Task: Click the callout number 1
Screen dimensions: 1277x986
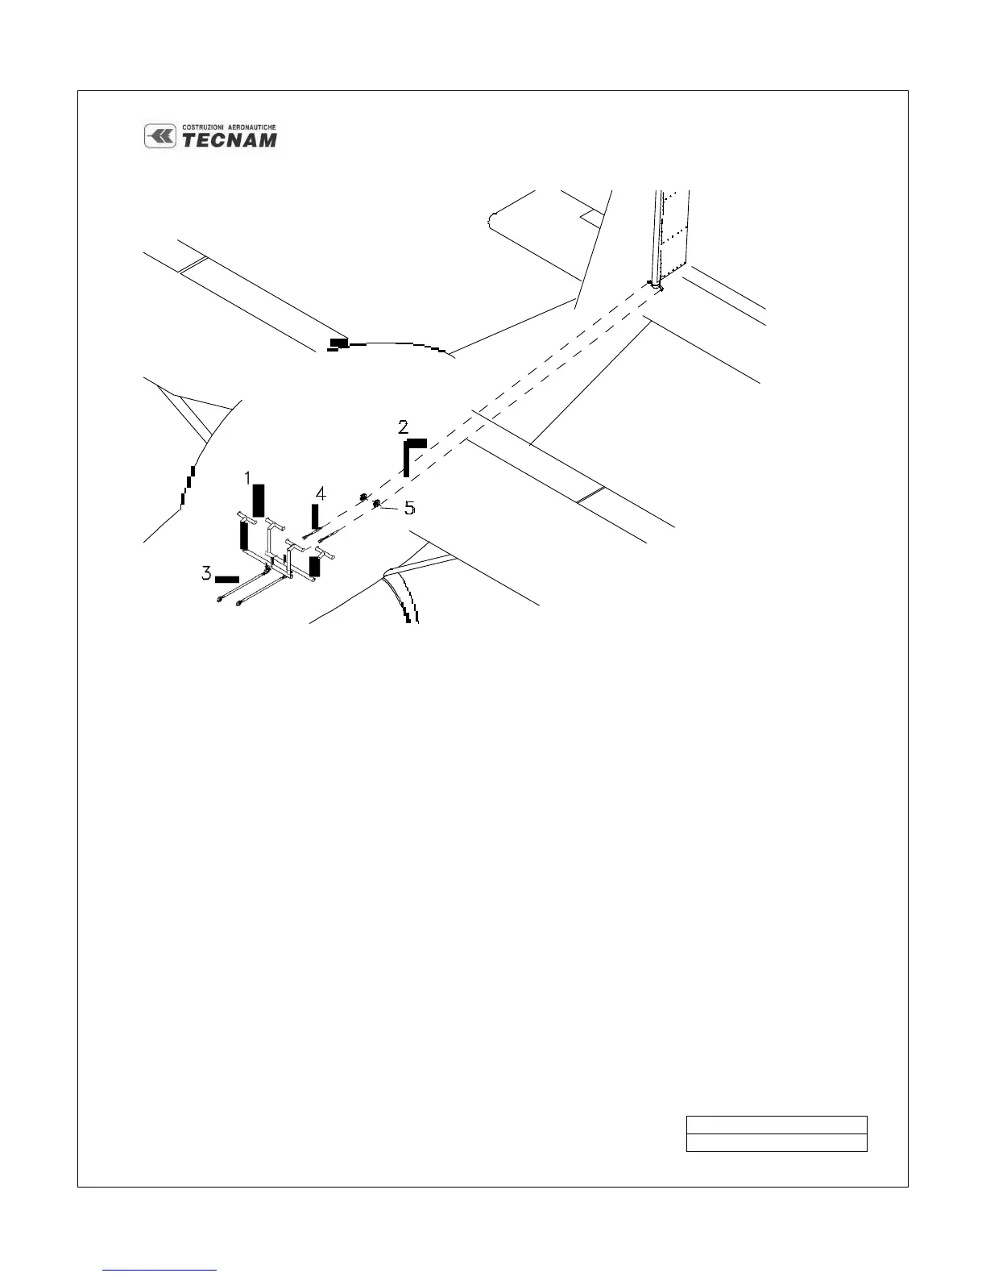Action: click(x=250, y=478)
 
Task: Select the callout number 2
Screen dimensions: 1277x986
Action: click(x=404, y=426)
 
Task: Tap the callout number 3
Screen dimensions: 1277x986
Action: click(x=207, y=574)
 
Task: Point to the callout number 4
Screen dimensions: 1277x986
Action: click(x=321, y=493)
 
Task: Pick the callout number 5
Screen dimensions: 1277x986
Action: click(x=409, y=508)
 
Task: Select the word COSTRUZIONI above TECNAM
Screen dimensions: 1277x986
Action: click(x=207, y=127)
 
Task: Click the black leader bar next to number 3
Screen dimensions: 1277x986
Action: click(x=227, y=579)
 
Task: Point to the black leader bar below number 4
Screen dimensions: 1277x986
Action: click(x=316, y=516)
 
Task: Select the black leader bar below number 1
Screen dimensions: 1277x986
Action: click(x=259, y=501)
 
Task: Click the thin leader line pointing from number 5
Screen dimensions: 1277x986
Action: click(x=392, y=507)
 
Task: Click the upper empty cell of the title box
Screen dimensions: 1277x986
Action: click(x=776, y=1125)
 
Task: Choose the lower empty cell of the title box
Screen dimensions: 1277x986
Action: click(x=776, y=1143)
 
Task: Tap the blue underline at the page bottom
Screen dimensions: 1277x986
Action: click(x=160, y=1271)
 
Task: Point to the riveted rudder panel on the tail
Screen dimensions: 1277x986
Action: click(x=670, y=234)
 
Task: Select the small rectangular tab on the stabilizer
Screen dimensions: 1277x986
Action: click(x=591, y=215)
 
